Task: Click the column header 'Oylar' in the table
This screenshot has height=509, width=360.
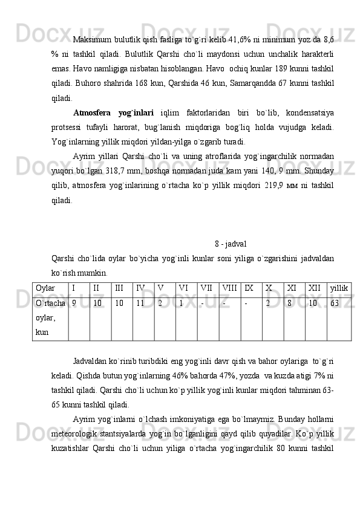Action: coord(45,289)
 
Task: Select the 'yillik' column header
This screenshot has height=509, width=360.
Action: coord(339,289)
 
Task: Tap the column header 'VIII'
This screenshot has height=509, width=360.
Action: coord(230,289)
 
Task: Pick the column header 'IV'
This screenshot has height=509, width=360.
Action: coord(140,289)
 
